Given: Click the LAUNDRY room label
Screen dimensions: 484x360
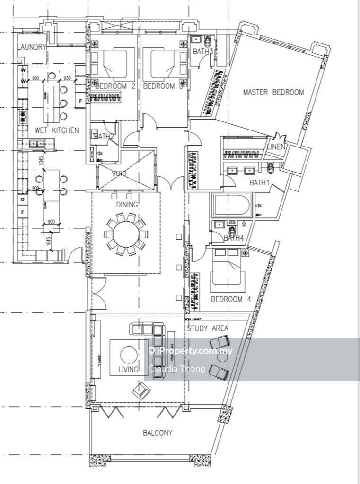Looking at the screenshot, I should [x=32, y=47].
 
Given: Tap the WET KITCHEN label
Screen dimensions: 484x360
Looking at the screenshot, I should [x=57, y=130].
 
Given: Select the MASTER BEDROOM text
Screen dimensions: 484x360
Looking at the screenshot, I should [x=273, y=92].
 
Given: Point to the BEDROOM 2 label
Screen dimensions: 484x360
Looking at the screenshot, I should [x=115, y=86].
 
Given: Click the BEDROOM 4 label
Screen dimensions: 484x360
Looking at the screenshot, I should [x=231, y=299].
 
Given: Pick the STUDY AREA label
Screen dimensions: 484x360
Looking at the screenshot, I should [x=208, y=328].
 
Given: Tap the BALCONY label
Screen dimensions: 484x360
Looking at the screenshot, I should [x=158, y=432].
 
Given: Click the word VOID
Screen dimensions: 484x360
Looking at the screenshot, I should [x=119, y=174].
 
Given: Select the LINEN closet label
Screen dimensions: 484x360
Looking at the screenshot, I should [x=276, y=147].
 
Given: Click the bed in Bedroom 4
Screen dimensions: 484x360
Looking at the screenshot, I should [x=228, y=268].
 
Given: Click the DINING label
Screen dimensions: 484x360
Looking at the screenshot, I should [x=127, y=205].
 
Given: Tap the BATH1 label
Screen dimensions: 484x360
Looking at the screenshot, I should [x=259, y=182].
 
